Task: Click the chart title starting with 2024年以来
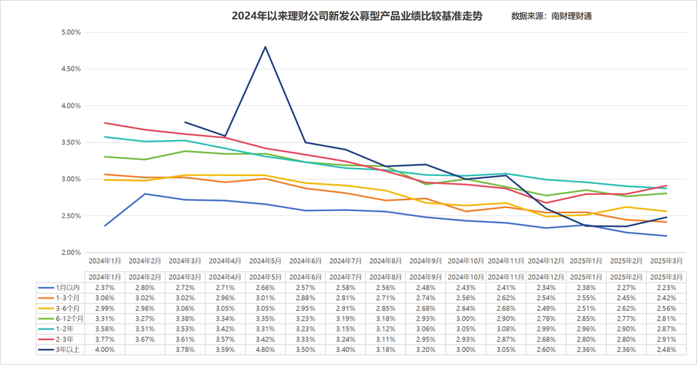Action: point(357,15)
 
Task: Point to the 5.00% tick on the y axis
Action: point(70,32)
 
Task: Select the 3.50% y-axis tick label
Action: point(70,142)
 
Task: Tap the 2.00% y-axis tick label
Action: point(70,253)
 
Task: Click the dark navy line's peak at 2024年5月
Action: point(265,47)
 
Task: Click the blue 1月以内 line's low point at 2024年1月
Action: point(105,226)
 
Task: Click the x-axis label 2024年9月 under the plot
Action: point(426,261)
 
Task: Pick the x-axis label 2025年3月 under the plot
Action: point(666,261)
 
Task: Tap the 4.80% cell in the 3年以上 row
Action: point(265,350)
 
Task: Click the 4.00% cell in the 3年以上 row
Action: point(105,350)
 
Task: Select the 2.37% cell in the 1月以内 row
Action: point(105,288)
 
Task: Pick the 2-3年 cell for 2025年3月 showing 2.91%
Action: point(666,339)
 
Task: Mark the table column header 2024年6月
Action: point(305,277)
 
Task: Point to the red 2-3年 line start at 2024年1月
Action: point(105,123)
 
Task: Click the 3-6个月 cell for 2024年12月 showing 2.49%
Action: point(546,308)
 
